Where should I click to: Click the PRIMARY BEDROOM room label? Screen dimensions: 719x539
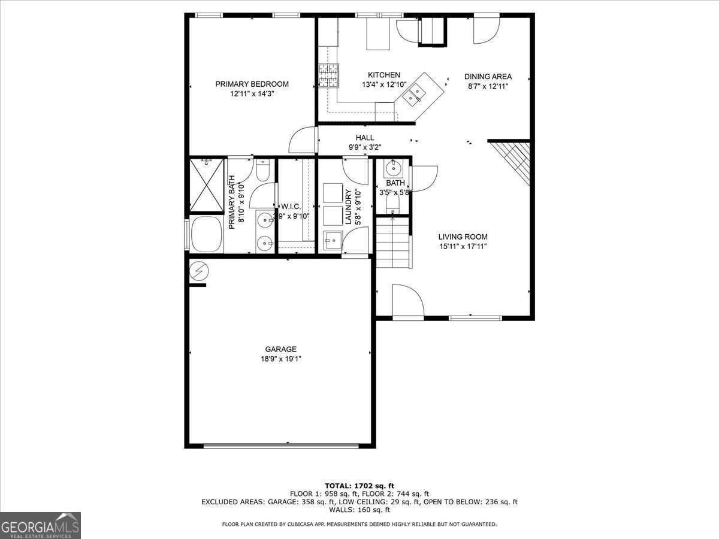[252, 84]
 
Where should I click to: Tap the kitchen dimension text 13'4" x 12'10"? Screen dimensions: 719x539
[384, 85]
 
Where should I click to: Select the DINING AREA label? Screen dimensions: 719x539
[488, 77]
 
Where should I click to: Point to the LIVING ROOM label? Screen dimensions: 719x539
[463, 237]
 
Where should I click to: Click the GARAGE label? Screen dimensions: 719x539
[281, 349]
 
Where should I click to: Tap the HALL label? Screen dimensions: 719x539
[364, 138]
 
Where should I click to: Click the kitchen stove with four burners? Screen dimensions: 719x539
[328, 75]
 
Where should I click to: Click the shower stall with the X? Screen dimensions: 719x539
[206, 185]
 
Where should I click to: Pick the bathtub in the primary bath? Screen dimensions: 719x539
[206, 234]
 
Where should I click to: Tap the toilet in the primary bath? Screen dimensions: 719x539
[262, 170]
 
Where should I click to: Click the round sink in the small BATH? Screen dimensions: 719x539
[393, 169]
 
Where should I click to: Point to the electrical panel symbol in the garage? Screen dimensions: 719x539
[199, 271]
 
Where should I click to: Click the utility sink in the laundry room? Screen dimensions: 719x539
[333, 241]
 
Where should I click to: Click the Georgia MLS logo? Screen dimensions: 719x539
[40, 525]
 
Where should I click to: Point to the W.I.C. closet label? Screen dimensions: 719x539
[291, 207]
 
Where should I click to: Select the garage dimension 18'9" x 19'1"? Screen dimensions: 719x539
[281, 359]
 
